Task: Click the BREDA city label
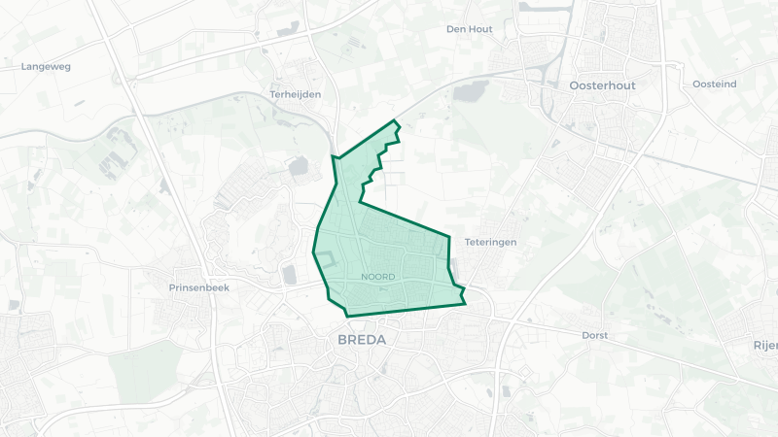pos(362,340)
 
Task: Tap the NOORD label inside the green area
pos(377,277)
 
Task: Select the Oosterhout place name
pos(602,85)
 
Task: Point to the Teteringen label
pos(491,242)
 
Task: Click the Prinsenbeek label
pos(197,288)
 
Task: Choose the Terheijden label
pos(295,94)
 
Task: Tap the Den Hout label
pos(470,29)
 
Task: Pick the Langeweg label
pos(46,66)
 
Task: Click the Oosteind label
pos(715,84)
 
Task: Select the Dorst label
pos(593,335)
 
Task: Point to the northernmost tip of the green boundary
pos(396,120)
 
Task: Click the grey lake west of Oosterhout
pos(471,92)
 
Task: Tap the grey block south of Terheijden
pos(298,167)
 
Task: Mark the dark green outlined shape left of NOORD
pos(327,259)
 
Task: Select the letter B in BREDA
pos(342,340)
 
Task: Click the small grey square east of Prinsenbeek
pos(289,276)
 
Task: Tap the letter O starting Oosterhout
pos(574,85)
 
